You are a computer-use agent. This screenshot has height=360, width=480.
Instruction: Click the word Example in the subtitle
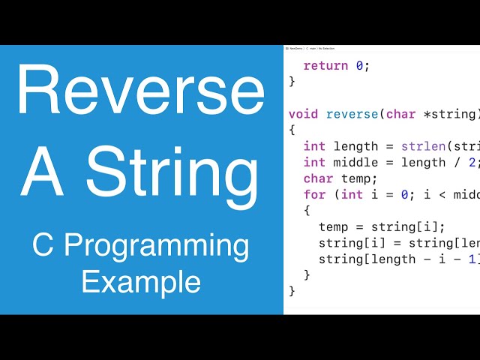point(140,282)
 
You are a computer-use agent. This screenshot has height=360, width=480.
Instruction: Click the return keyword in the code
point(325,65)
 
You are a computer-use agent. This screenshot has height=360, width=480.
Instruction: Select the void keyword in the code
point(303,114)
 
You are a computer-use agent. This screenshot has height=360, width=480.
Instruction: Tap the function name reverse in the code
point(352,114)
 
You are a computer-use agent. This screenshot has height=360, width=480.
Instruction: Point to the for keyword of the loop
point(314,194)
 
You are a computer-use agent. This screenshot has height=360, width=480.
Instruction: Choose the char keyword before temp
point(318,178)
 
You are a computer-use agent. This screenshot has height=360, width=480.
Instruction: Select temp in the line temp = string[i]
point(333,226)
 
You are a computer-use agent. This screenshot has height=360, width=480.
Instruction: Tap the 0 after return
point(359,65)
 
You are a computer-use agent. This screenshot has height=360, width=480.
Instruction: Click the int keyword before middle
point(314,162)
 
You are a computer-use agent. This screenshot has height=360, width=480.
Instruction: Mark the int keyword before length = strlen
point(314,146)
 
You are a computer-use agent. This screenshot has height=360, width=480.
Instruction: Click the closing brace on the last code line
point(292,291)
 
